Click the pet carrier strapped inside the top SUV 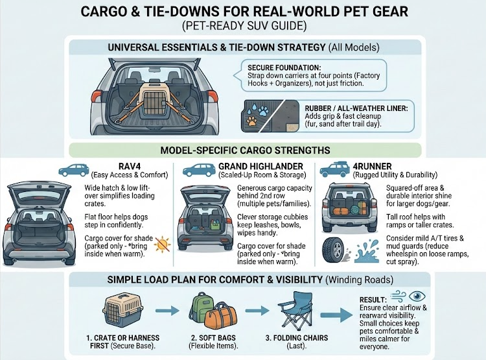pos(151,101)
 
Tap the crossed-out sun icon pos(163,244)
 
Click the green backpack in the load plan pos(200,307)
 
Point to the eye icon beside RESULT pos(417,296)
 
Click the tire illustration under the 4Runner pos(334,251)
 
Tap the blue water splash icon pos(366,251)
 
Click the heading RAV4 pos(130,166)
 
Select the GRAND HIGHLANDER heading pos(260,166)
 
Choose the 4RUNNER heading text pos(372,166)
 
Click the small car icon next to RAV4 pos(74,171)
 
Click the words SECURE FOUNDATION pos(284,67)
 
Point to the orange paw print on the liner pos(252,121)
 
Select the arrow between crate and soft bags pos(167,310)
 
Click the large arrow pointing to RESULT pos(336,315)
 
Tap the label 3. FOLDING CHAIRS pos(297,338)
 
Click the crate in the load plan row pos(123,310)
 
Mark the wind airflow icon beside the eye pos(399,296)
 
